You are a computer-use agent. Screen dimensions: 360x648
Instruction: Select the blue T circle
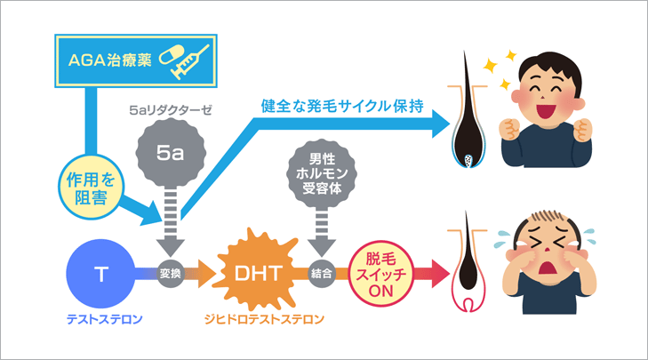100,274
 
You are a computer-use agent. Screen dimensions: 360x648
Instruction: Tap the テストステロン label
100,317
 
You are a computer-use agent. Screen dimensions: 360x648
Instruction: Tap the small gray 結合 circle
321,274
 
